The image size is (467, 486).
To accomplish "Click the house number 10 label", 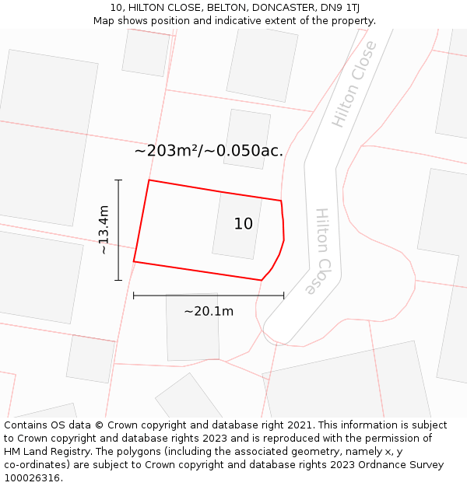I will coord(244,224).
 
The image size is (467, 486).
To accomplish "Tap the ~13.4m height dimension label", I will coord(104,229).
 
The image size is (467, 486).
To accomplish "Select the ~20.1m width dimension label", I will coord(209,311).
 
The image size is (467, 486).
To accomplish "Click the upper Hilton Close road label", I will coord(354,84).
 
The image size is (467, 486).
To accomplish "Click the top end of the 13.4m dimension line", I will coord(118,180).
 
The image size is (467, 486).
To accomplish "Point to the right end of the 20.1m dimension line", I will coord(283,295).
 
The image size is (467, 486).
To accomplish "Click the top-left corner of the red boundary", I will coord(149,180).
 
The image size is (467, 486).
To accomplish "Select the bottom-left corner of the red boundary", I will coord(134,261).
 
